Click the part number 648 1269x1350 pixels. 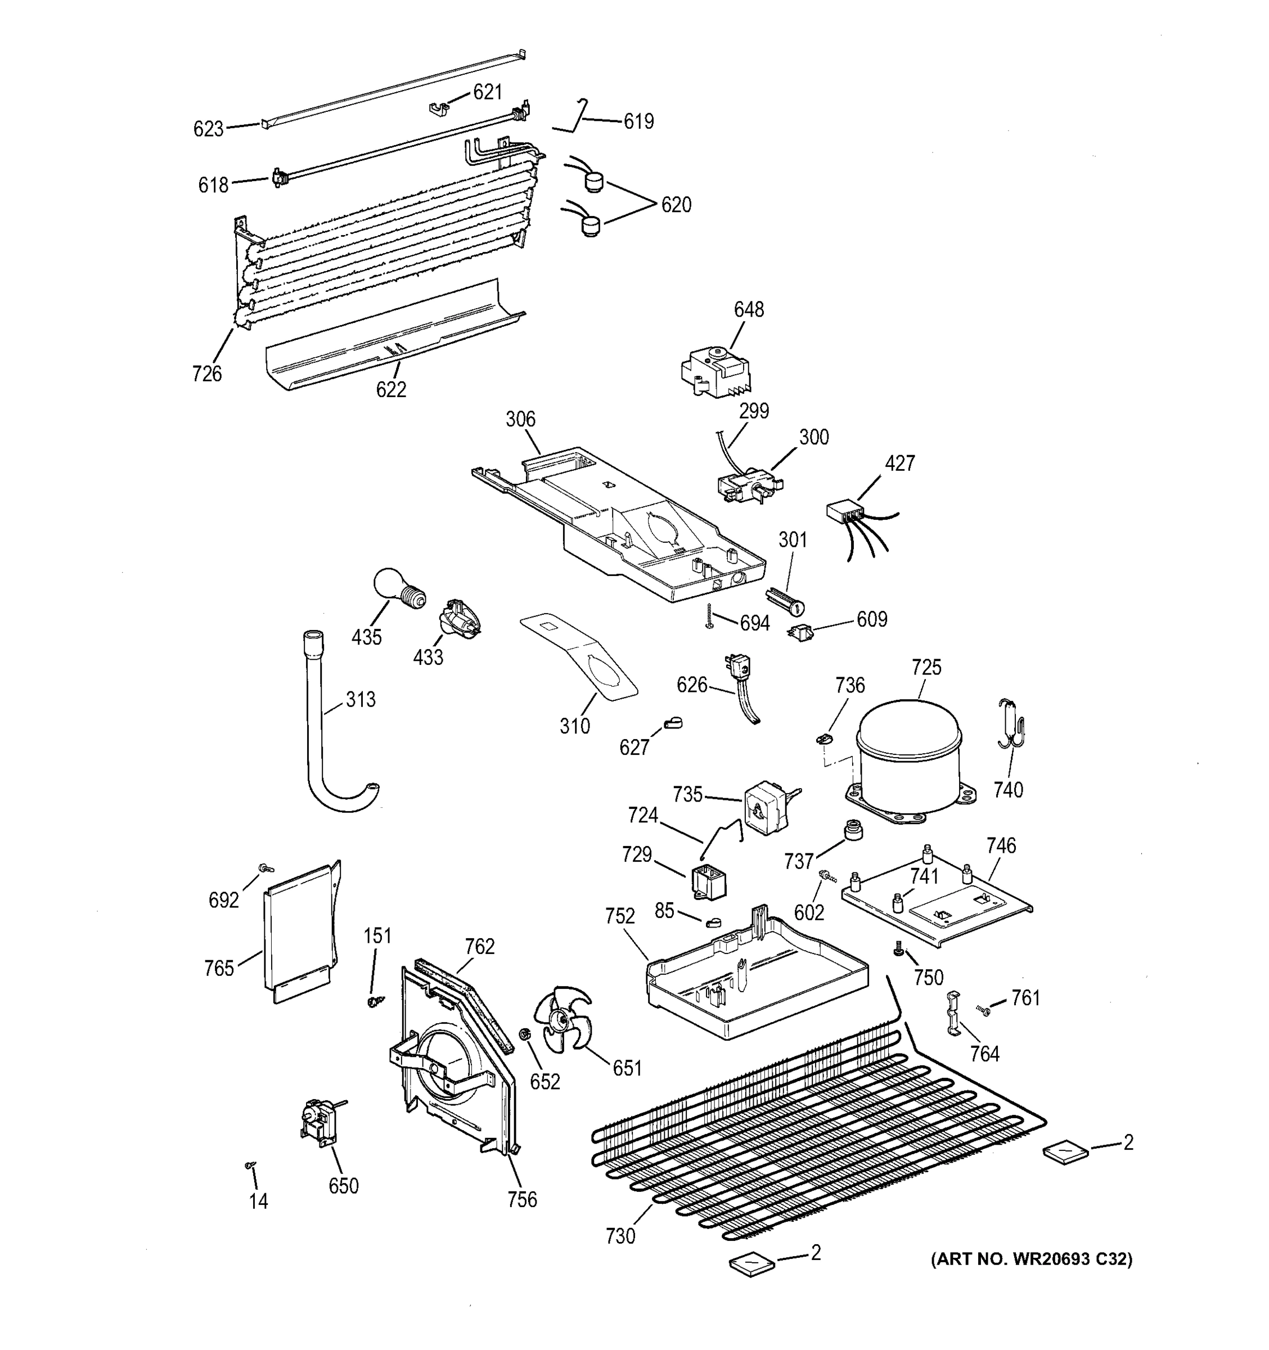point(748,310)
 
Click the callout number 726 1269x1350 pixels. point(206,373)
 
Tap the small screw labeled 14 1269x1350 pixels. point(249,1165)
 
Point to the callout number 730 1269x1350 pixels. point(620,1236)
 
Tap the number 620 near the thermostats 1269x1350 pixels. point(676,204)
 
